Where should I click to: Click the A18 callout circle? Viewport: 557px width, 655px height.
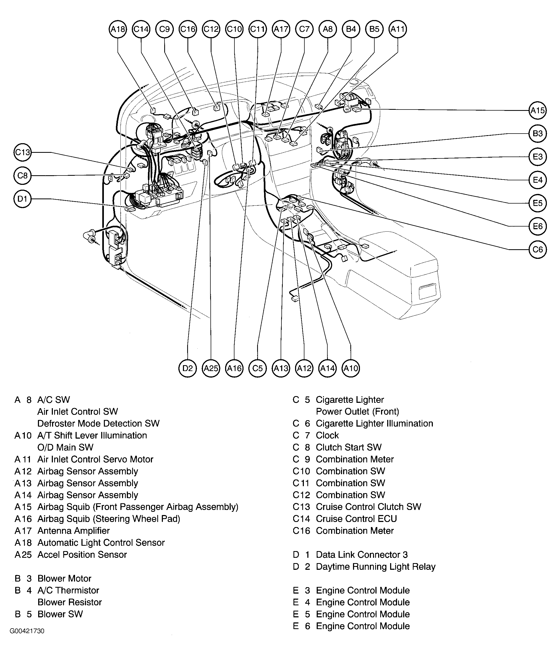tap(118, 29)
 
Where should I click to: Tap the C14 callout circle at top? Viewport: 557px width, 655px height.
tap(141, 29)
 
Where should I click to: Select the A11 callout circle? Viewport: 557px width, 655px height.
tap(398, 29)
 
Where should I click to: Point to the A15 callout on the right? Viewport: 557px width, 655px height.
tap(538, 111)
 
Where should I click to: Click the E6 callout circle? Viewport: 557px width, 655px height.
tap(538, 226)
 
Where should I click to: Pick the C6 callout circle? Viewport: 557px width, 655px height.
tap(538, 249)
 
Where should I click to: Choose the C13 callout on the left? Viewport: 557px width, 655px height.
tap(22, 153)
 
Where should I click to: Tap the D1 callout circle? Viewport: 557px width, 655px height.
tap(22, 199)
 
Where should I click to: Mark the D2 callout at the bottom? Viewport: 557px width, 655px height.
tap(187, 368)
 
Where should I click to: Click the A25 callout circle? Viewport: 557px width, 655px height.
tap(211, 368)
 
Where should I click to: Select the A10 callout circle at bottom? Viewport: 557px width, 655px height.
tap(351, 368)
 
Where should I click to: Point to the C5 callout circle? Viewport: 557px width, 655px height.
tap(257, 368)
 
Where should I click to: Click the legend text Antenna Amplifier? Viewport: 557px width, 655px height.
tap(74, 531)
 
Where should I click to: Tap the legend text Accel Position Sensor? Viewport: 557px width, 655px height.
tap(82, 555)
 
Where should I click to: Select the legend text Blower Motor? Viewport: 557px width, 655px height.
tap(64, 579)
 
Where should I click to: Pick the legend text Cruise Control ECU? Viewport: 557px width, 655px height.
tap(356, 519)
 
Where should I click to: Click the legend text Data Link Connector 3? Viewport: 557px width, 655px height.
tap(362, 555)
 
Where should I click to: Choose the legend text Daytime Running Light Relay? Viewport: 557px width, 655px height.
tap(376, 567)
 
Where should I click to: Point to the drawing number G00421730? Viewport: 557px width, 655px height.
tap(27, 631)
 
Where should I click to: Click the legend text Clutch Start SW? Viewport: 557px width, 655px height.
tap(349, 447)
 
